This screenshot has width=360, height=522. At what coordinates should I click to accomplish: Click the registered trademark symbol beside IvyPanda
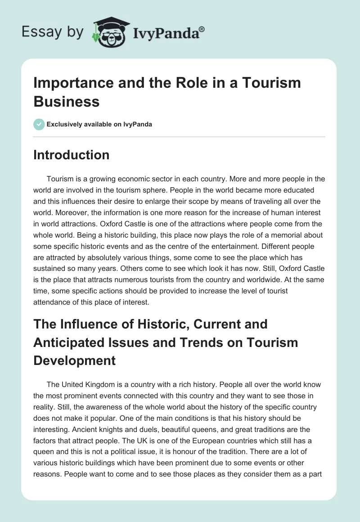click(x=202, y=29)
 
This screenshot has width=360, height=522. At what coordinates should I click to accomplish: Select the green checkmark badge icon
click(x=39, y=124)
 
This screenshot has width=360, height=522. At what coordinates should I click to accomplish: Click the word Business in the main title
click(x=66, y=101)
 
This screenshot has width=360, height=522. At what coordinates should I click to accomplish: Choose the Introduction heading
click(x=72, y=155)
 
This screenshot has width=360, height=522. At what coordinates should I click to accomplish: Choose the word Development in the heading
click(x=74, y=360)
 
